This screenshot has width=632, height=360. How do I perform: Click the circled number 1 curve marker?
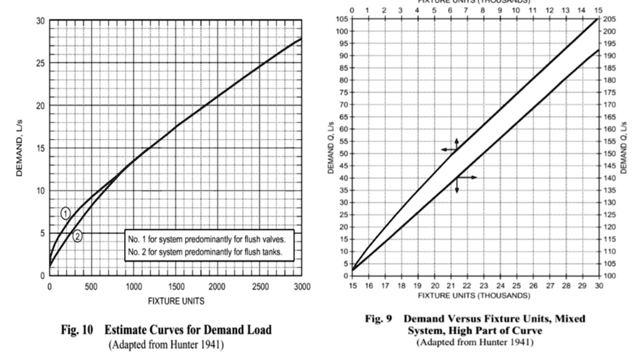[x=65, y=214]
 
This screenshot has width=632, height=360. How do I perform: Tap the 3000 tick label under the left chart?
[x=302, y=286]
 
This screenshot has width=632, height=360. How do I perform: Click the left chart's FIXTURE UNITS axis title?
[x=175, y=301]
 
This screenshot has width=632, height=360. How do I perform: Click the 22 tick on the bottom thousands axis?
[x=467, y=286]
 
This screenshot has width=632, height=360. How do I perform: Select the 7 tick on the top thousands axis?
[x=467, y=10]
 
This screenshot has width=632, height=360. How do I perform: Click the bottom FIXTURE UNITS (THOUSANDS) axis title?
[x=473, y=295]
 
